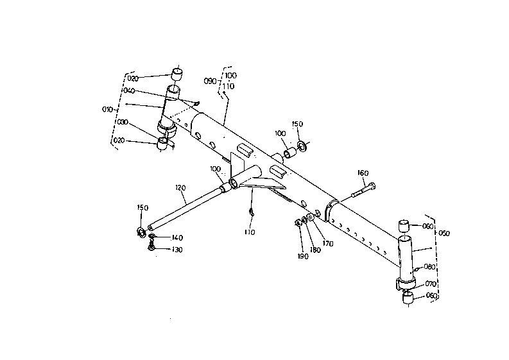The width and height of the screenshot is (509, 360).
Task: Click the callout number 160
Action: [x=363, y=173]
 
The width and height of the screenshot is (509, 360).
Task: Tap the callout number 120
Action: [x=180, y=188]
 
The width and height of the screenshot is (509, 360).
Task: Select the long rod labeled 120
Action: [x=186, y=205]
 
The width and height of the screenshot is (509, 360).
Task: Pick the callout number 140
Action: [x=177, y=237]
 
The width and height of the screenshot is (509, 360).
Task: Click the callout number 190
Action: [x=303, y=255]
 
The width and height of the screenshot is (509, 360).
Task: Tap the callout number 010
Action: [x=107, y=109]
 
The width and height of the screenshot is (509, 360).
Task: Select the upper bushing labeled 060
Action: [x=404, y=227]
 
